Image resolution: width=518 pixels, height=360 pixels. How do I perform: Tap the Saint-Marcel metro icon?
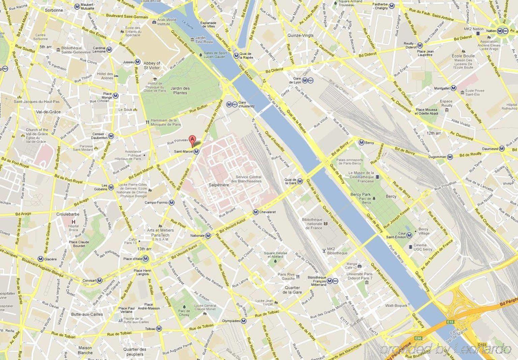point(196,152)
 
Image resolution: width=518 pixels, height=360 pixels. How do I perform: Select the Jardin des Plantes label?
point(180,90)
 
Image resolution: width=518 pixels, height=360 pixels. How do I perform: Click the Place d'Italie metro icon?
point(146,259)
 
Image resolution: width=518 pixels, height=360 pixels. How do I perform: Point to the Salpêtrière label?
point(219,185)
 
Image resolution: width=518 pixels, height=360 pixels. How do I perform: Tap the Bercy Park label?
point(361,194)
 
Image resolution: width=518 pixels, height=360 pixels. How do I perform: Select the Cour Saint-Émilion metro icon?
point(409,235)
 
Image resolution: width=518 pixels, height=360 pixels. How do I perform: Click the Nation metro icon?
point(500,31)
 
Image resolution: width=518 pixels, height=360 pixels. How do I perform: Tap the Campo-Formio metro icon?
point(172,203)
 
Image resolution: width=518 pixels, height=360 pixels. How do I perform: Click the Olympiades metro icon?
point(243,321)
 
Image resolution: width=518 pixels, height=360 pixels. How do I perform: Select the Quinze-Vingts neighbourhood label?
point(300,35)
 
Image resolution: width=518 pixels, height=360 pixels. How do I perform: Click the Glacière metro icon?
point(40,259)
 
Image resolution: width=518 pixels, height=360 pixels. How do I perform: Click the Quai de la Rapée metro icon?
point(237,55)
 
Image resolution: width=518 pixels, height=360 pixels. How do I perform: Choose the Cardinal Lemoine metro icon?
point(109,50)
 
